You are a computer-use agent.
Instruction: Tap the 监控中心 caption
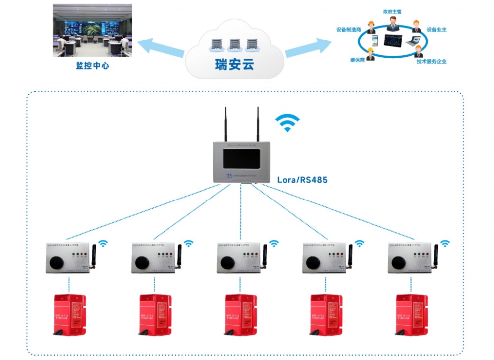click(x=92, y=65)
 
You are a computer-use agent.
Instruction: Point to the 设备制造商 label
click(x=349, y=30)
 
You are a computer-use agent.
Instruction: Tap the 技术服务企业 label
click(x=431, y=61)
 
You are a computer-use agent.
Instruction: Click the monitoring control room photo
click(x=92, y=30)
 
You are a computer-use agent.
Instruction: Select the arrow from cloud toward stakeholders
click(x=308, y=47)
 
